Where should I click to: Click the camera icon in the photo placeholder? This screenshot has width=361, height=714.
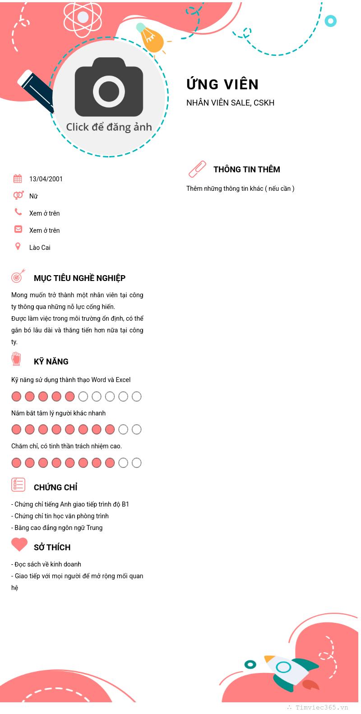109,88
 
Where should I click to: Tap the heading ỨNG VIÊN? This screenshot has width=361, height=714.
222,84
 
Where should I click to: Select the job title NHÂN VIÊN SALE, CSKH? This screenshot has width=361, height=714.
230,103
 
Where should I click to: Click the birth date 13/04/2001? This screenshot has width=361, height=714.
46,179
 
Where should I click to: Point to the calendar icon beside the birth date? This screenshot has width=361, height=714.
18,179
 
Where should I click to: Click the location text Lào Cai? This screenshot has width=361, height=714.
40,248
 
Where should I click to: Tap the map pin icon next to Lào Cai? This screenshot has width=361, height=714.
18,246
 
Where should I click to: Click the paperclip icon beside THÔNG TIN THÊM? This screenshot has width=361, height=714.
197,169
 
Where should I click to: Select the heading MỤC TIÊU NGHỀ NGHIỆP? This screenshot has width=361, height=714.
79,278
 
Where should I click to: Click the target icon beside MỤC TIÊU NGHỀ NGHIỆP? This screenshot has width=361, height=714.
18,276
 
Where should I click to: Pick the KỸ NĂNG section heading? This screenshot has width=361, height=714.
51,362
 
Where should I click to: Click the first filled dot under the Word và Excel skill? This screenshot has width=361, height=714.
16,396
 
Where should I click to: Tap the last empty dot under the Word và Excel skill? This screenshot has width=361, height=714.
137,396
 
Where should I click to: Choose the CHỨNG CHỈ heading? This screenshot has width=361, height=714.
56,488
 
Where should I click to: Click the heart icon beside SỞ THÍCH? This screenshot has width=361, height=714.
19,544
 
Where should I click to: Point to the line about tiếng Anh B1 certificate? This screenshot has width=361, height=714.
70,504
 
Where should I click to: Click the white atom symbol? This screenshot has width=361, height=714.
83,18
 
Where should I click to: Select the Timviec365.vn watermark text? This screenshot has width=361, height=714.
321,708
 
